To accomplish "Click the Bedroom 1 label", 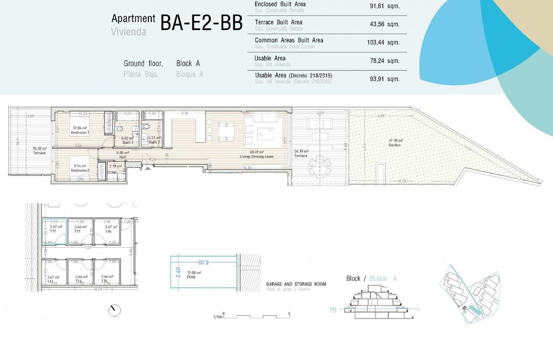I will pos(79,132).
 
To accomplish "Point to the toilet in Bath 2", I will pos(146,126).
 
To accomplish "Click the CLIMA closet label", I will pos(112,173).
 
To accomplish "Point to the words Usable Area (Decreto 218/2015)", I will pos(293,75).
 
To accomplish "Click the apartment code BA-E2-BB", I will pos(202,23).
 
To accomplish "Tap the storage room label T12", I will pos(53,231).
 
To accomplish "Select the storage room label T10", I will pos(108,231).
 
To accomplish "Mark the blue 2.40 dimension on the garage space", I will pos(178,272).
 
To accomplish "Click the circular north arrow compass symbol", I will pos(114,311).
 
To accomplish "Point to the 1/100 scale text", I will pos(217,317).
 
